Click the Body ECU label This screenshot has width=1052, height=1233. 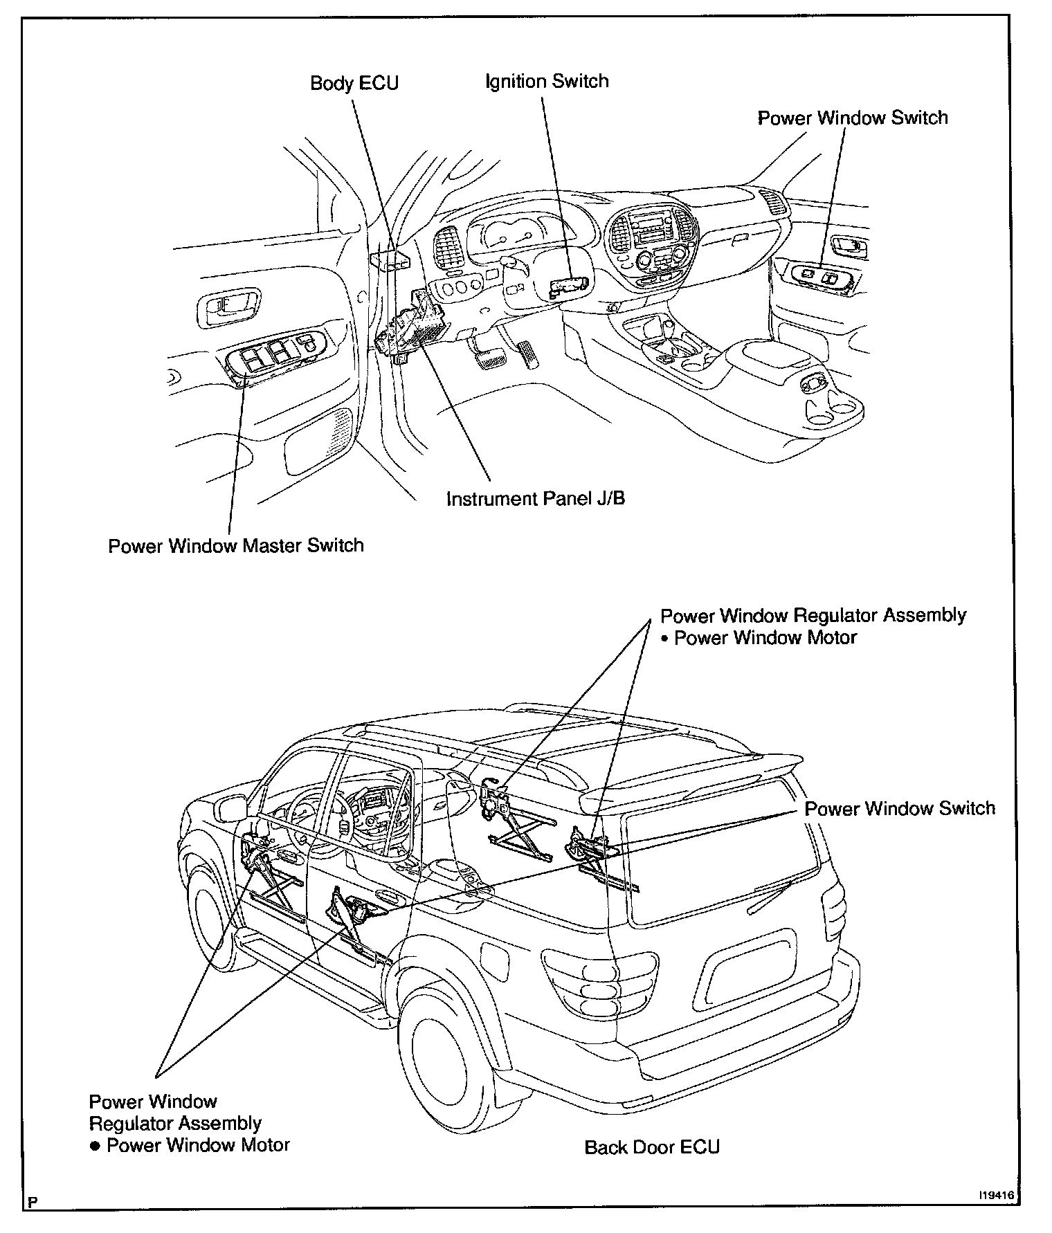[354, 84]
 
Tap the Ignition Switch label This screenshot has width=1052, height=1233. [547, 82]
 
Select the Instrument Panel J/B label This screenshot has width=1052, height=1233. [536, 499]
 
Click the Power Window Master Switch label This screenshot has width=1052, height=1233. [236, 546]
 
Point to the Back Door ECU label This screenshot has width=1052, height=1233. [652, 1147]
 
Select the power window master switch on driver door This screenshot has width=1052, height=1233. [277, 356]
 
